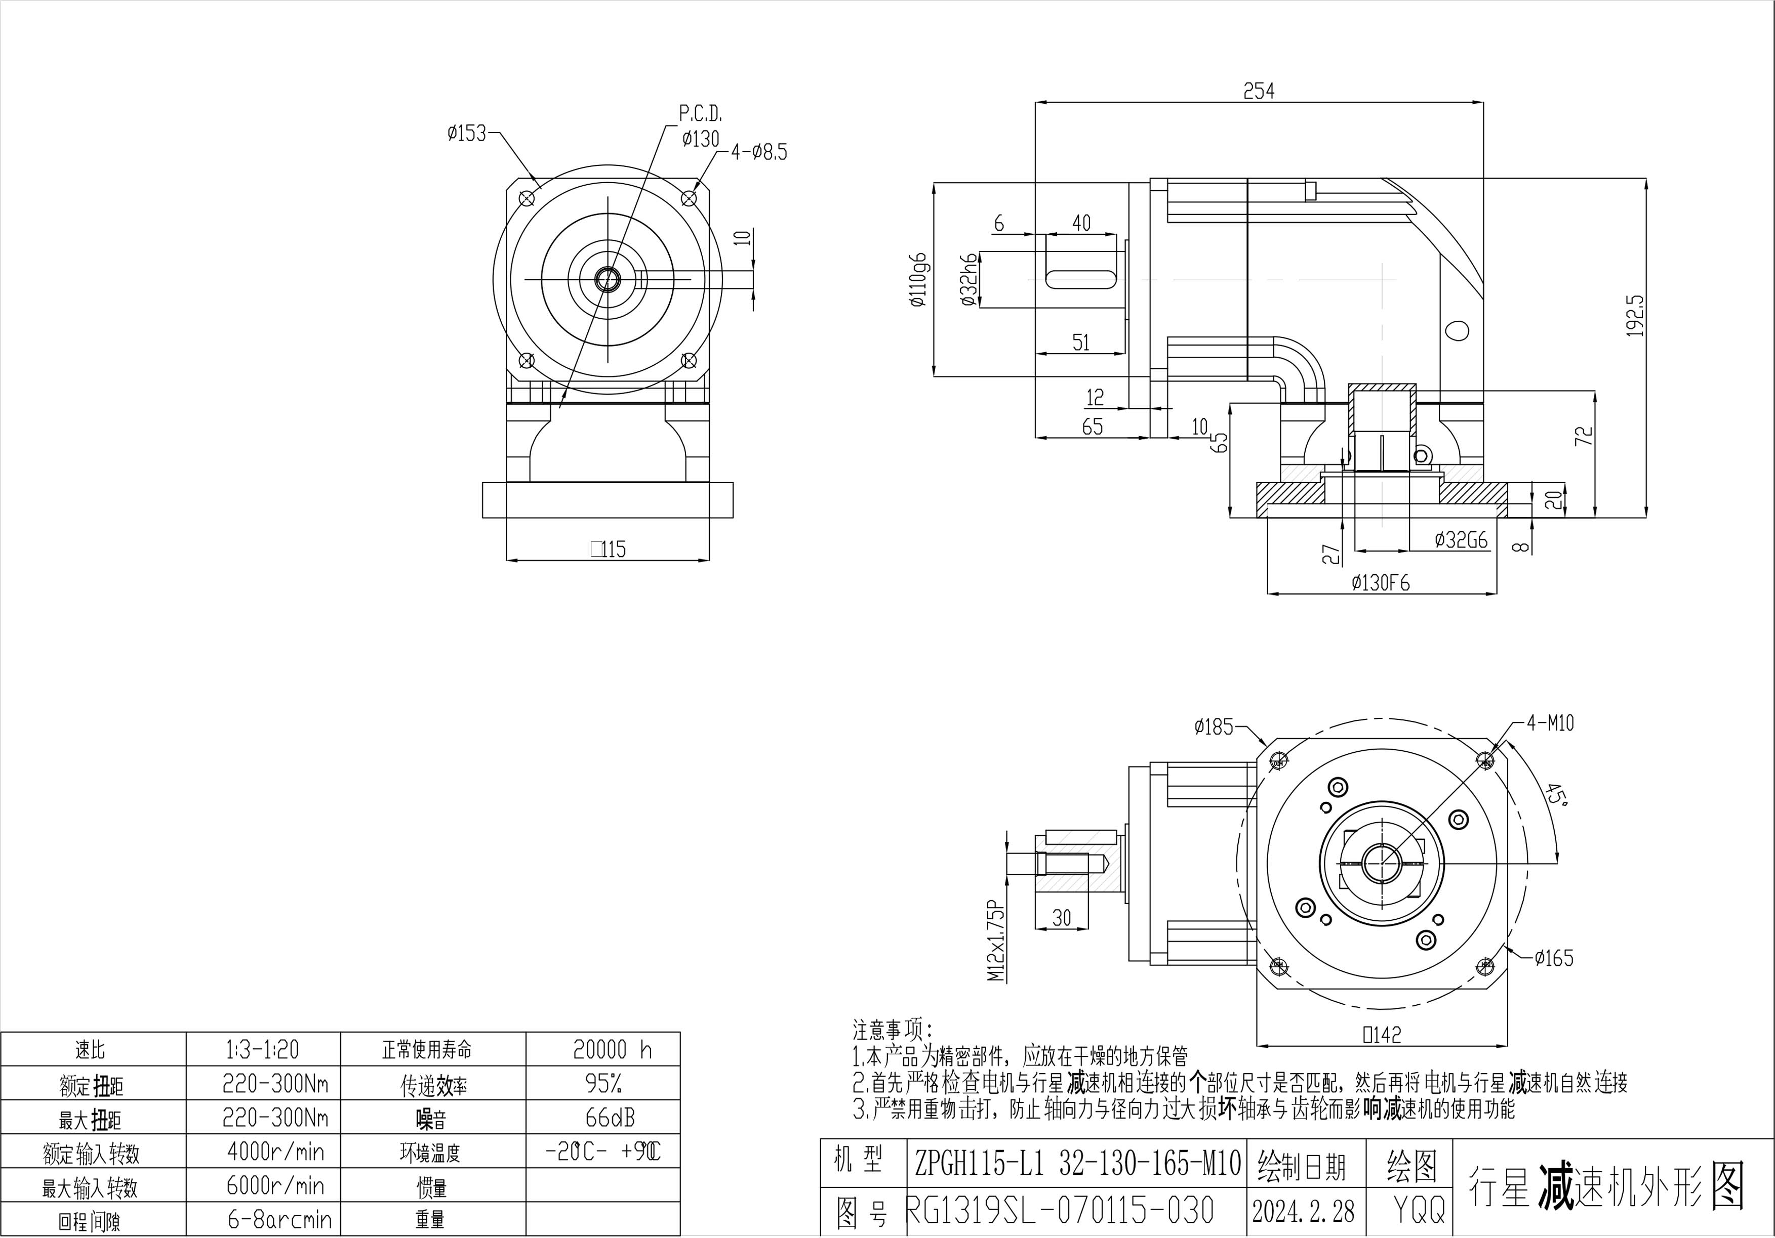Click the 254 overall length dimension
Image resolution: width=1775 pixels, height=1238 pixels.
(x=1259, y=91)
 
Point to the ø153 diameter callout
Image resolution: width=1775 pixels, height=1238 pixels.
(x=467, y=134)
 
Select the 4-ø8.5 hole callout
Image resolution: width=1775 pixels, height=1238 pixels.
(x=759, y=152)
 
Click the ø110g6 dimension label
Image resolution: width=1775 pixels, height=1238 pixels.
(x=918, y=280)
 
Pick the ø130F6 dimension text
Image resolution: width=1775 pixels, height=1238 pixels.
(x=1381, y=583)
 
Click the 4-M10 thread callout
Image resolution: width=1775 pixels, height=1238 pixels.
(x=1550, y=723)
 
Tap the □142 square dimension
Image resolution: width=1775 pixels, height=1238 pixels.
(x=1382, y=1034)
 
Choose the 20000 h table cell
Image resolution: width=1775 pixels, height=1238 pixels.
(x=612, y=1049)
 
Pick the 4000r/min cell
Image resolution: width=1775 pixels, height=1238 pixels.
(x=275, y=1151)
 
